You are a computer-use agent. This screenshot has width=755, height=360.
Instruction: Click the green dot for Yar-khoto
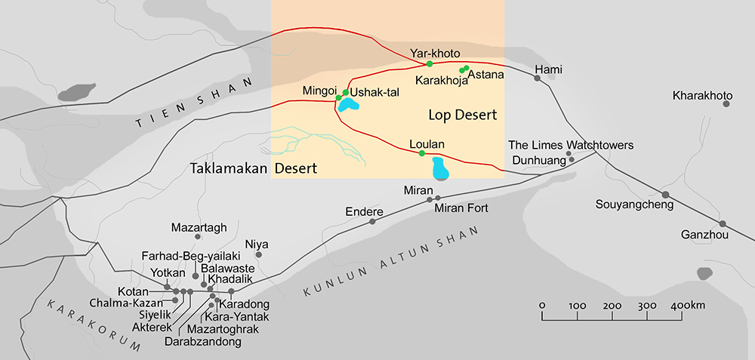point(429,64)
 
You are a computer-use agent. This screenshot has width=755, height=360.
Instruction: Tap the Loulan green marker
point(421,153)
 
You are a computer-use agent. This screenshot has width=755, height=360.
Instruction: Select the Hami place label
point(549,70)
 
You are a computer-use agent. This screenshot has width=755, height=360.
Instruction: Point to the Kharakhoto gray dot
point(726,103)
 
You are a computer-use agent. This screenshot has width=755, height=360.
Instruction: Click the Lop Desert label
point(462,115)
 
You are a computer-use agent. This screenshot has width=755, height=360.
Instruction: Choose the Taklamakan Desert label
point(254,168)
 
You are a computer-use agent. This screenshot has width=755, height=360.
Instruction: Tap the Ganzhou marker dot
point(723,223)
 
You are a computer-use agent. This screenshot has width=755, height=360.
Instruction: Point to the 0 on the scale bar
point(542,305)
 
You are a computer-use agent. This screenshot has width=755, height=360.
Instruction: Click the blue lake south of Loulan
point(439,169)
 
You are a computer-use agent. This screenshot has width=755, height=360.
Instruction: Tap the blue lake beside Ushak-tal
point(350,104)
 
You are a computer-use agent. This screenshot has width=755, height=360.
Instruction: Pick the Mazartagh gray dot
point(198,237)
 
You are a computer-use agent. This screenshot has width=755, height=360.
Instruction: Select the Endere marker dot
point(372,221)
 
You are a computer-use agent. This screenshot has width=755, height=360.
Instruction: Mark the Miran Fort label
point(462,208)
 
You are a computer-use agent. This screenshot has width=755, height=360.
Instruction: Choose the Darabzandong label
point(202,341)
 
